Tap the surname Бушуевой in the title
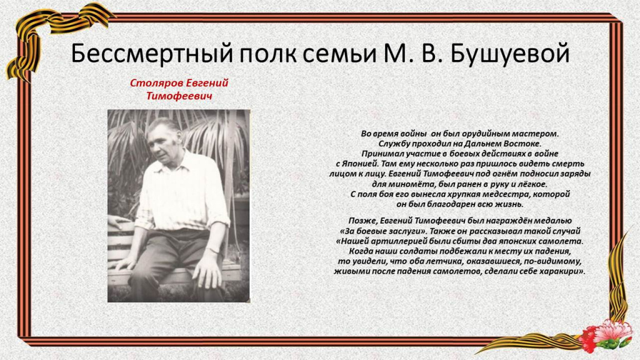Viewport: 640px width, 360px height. coord(510,54)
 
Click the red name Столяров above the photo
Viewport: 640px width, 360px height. coord(156,83)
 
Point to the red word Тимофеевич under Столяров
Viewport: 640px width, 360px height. coord(179,96)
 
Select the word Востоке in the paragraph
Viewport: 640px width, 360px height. coord(523,144)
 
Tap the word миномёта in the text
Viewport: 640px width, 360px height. coord(409,184)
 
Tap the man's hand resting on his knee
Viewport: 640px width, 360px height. coord(207,270)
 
